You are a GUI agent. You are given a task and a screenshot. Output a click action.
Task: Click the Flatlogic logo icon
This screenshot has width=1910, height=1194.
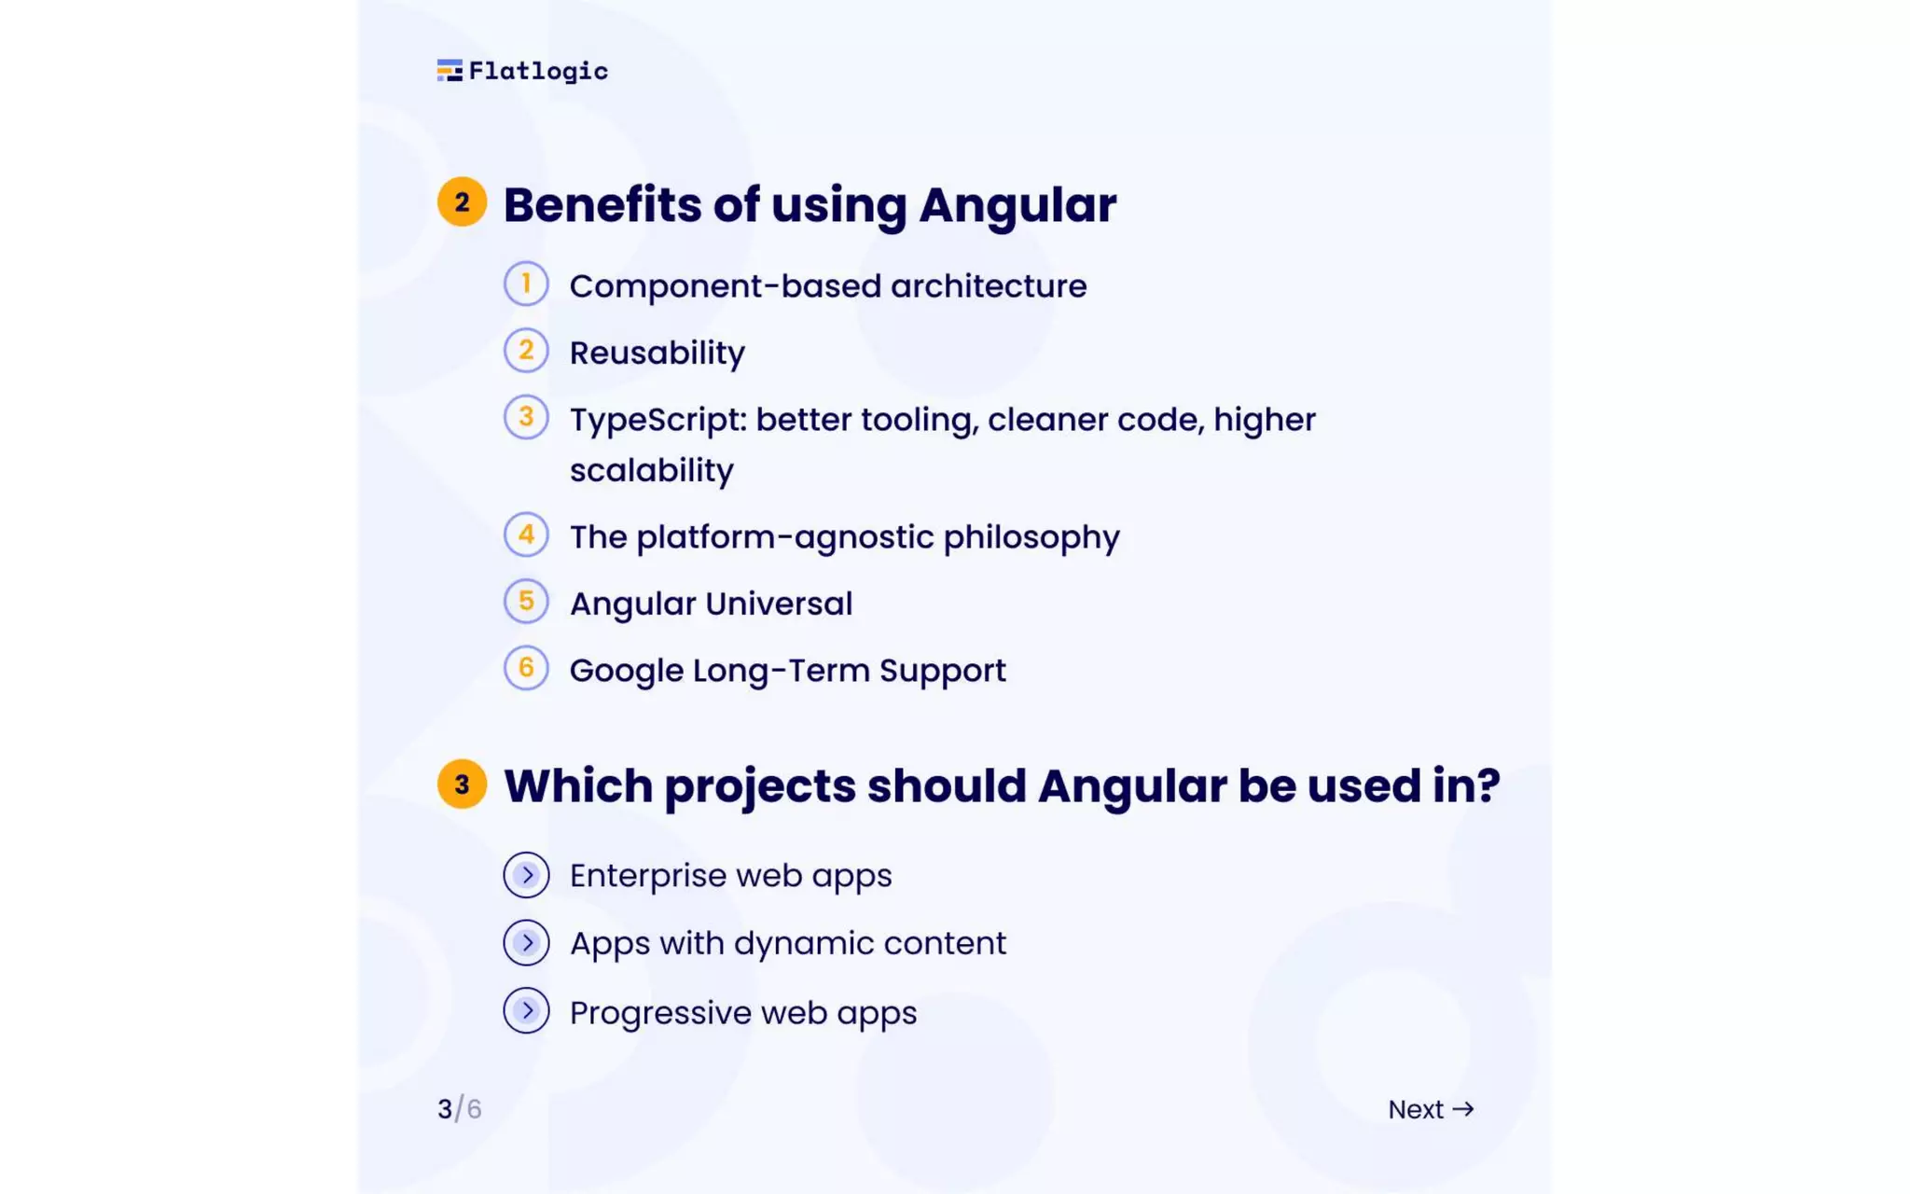(x=450, y=71)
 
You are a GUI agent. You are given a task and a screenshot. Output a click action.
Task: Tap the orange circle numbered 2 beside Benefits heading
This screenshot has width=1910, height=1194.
(x=462, y=201)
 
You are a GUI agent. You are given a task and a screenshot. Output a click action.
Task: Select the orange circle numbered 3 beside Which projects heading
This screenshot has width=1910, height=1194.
(x=462, y=784)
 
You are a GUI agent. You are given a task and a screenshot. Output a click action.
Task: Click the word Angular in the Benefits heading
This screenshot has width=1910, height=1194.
(x=1017, y=205)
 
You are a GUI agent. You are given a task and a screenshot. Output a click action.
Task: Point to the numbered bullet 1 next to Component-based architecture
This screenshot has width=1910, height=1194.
(x=526, y=284)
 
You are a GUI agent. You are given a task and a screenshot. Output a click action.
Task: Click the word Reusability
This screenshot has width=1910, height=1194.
(x=657, y=354)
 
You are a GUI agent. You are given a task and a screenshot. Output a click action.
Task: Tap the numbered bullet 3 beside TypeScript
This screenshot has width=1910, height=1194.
(x=526, y=417)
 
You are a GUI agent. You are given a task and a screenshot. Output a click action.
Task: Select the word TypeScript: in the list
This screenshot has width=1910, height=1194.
(x=658, y=421)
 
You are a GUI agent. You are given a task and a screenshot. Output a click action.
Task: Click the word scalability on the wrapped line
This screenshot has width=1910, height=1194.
(x=651, y=470)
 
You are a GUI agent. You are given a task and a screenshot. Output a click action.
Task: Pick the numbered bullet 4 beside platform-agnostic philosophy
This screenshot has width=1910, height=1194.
(x=526, y=535)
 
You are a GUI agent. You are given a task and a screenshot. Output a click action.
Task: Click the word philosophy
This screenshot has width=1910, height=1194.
(x=1031, y=538)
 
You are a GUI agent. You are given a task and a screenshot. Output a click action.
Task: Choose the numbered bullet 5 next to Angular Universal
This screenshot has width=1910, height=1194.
(x=526, y=602)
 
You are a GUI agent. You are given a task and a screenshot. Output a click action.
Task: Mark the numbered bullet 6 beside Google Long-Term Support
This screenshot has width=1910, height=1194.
(x=526, y=668)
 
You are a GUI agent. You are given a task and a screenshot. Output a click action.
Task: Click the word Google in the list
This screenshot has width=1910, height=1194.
(x=626, y=672)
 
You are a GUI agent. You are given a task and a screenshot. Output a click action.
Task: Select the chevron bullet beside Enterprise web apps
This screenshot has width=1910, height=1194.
(x=526, y=875)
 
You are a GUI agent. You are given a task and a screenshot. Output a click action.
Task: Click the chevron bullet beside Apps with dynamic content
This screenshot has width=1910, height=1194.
(x=526, y=943)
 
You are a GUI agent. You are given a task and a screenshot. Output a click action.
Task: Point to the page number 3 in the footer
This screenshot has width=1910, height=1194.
(x=445, y=1109)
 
